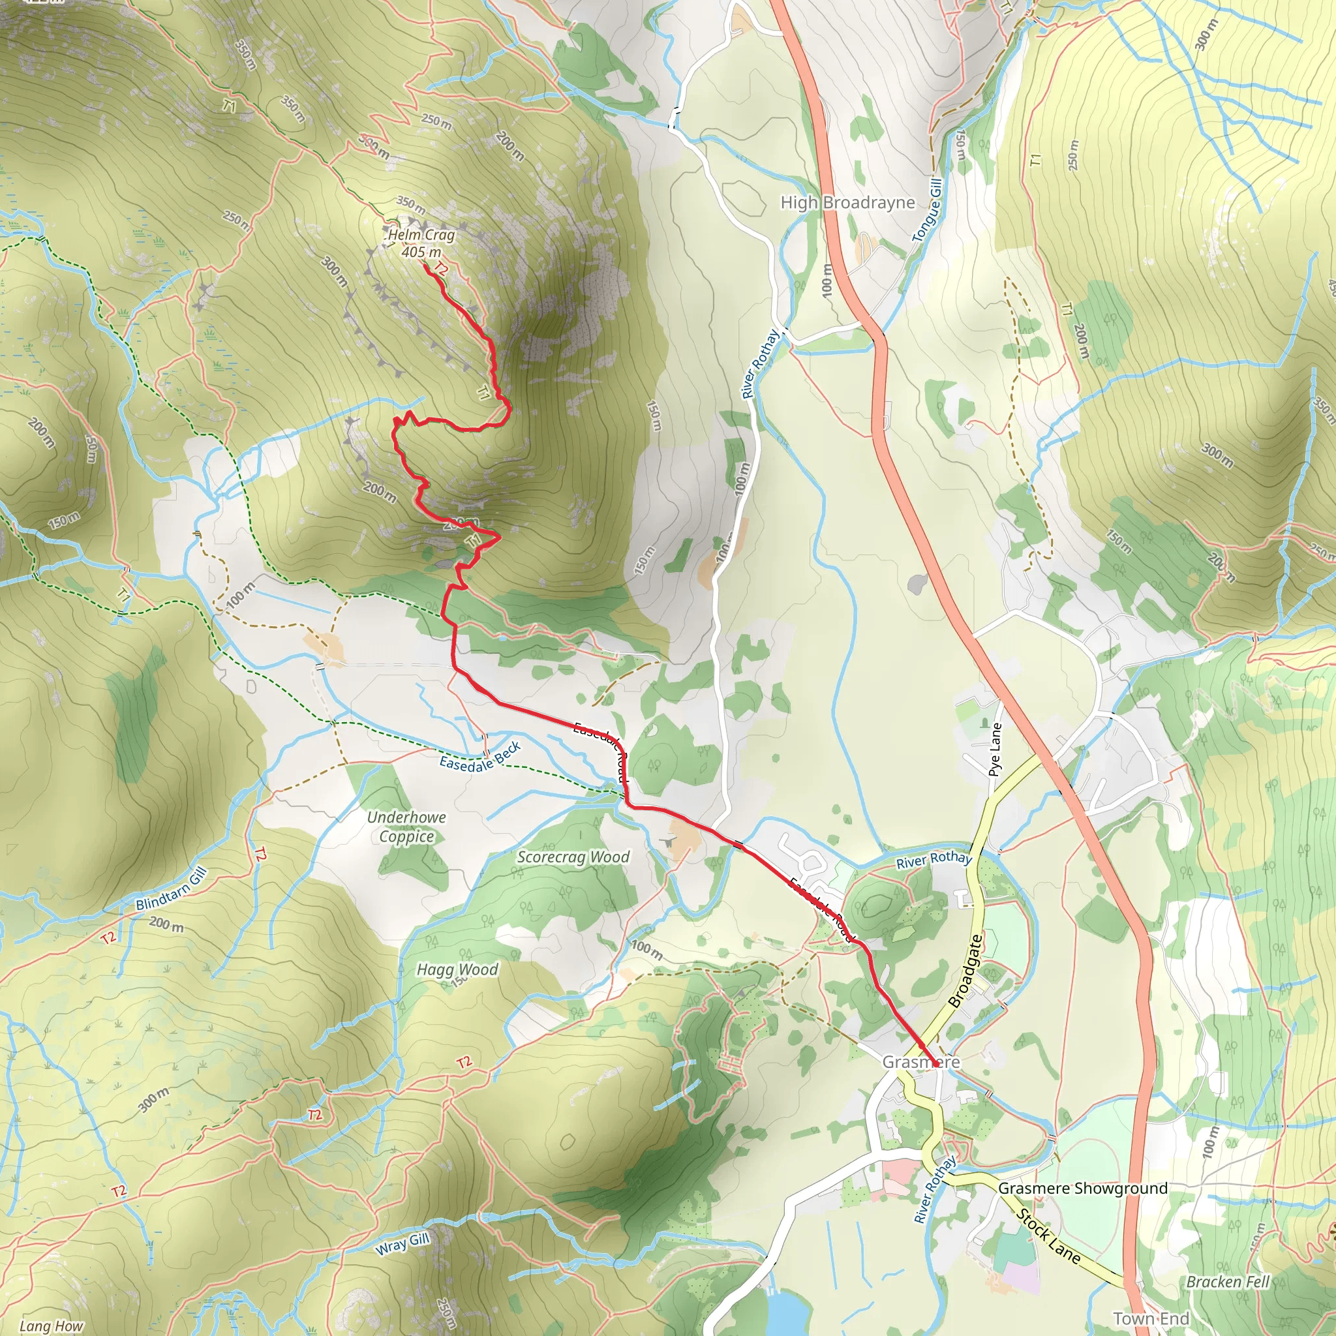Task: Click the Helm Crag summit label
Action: pos(421,235)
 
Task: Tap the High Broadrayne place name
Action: pos(847,203)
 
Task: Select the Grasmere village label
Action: pos(920,1062)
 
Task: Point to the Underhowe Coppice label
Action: pos(406,827)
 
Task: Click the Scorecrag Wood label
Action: pos(573,857)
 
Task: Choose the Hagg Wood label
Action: pos(457,969)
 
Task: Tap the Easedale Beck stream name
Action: pos(480,757)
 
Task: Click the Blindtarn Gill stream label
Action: pos(171,889)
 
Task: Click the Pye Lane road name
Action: pos(994,750)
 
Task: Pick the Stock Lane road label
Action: pos(1048,1236)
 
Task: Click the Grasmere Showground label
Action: pos(1082,1188)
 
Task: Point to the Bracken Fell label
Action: pos(1228,1281)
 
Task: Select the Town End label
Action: pos(1151,1318)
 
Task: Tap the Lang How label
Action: pos(51,1326)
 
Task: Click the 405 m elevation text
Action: pos(421,252)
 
